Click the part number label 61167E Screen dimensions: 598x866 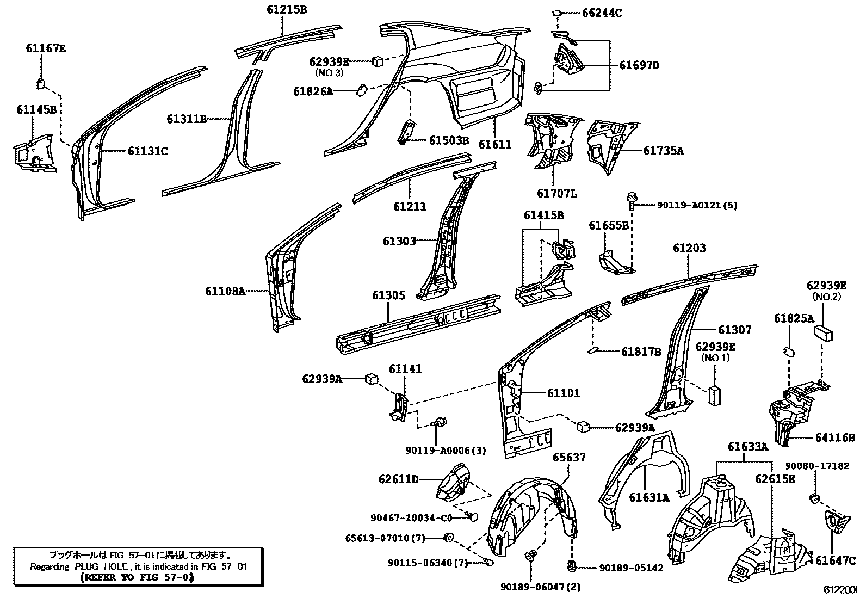click(46, 48)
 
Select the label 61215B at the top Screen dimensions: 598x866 click(287, 9)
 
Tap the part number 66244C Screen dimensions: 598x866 click(602, 13)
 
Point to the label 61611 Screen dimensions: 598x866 click(495, 144)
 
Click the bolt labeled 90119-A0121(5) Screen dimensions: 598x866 click(632, 200)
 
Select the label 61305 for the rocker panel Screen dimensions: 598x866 click(388, 295)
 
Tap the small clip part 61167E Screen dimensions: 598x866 click(40, 83)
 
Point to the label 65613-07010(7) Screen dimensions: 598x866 click(385, 538)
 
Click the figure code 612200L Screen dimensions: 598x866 click(840, 590)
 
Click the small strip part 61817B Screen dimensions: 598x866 click(595, 349)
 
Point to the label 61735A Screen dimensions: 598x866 click(663, 151)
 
